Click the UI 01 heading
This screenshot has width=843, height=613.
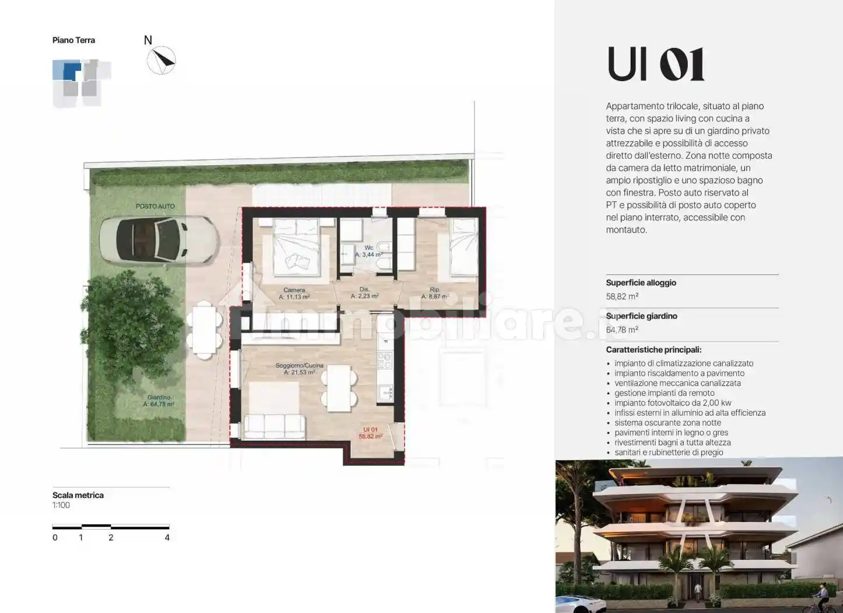click(655, 64)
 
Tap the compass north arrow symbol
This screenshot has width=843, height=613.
click(161, 60)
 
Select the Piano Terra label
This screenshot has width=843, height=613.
click(74, 40)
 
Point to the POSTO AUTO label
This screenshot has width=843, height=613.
click(155, 207)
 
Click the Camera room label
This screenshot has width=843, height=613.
click(294, 290)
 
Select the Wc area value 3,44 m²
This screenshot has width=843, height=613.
click(369, 255)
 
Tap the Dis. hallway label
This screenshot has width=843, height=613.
click(365, 290)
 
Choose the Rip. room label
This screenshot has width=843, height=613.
click(435, 290)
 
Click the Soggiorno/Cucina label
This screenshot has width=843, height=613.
click(299, 365)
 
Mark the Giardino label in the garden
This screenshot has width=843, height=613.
click(159, 398)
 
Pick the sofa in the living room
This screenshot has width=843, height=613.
click(274, 426)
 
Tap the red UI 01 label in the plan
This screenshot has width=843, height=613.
click(370, 430)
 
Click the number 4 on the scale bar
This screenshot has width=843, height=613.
click(167, 538)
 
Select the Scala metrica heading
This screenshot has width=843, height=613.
click(78, 495)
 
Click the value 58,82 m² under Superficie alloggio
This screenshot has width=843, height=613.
click(622, 297)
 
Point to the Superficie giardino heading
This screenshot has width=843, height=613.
click(641, 316)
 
